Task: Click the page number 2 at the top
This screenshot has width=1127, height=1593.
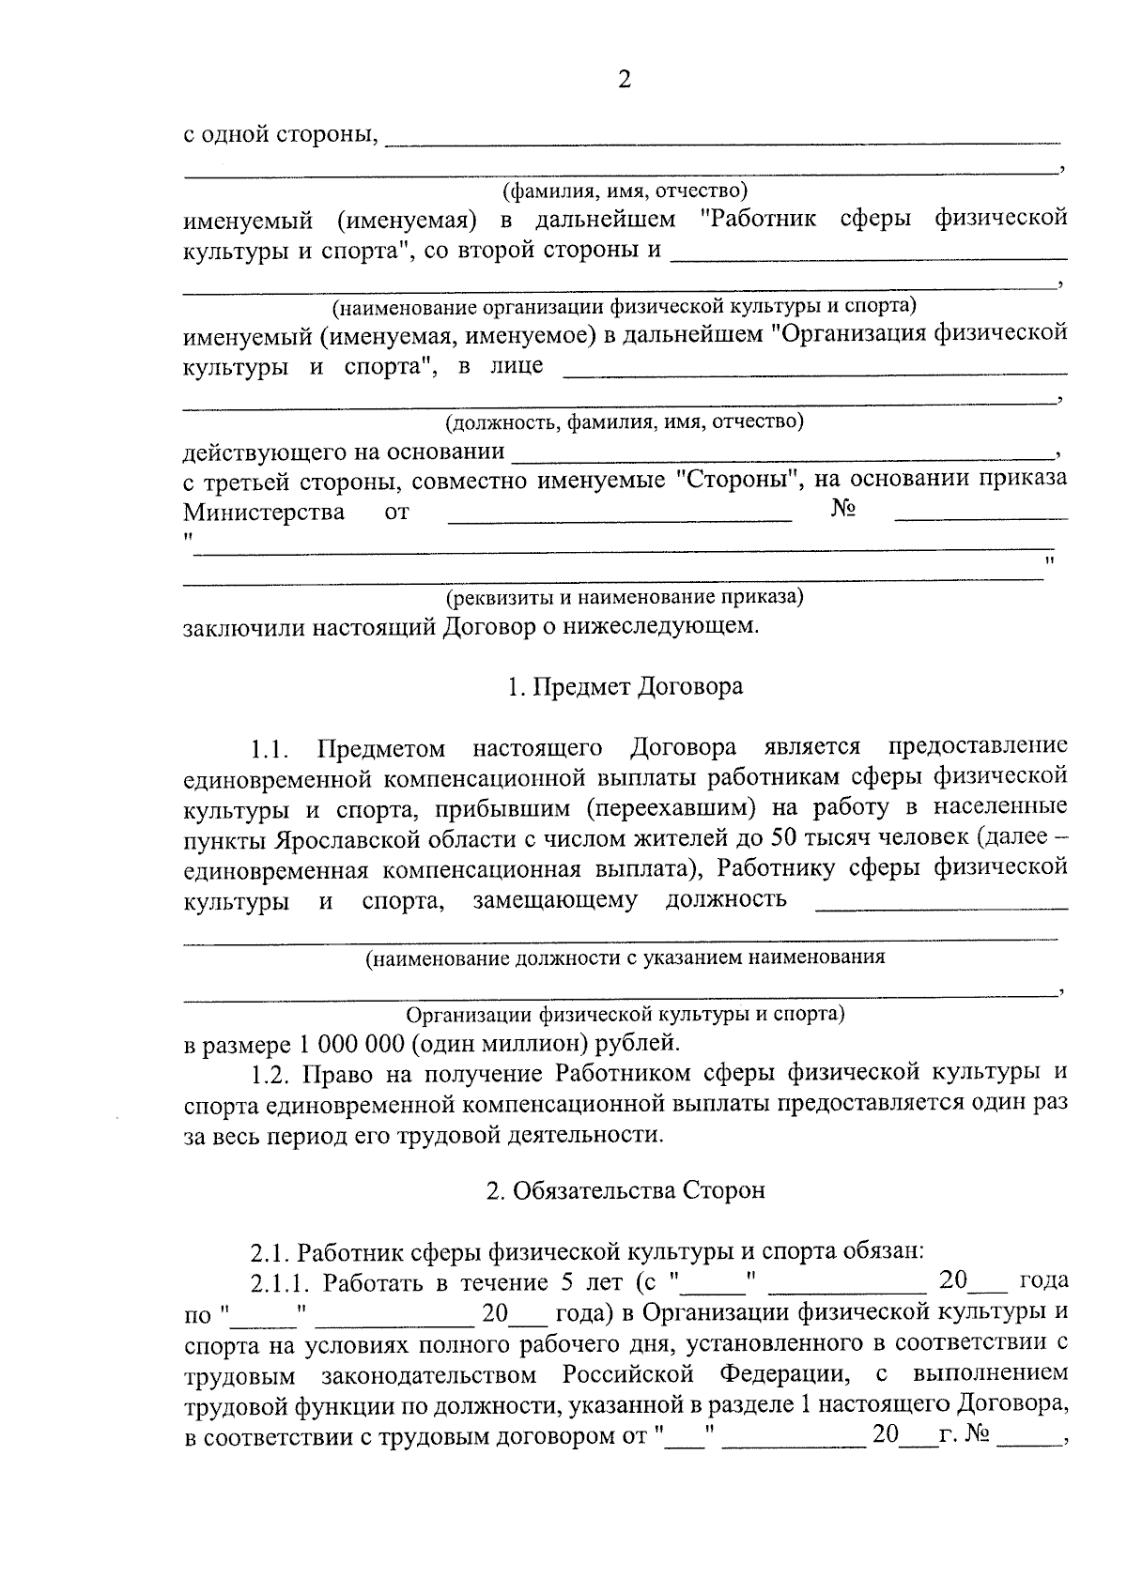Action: coord(625,80)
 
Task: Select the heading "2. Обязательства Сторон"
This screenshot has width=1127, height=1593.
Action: coord(625,1190)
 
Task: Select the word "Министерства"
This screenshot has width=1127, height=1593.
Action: coord(263,513)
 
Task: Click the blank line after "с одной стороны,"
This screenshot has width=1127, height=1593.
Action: coord(723,141)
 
